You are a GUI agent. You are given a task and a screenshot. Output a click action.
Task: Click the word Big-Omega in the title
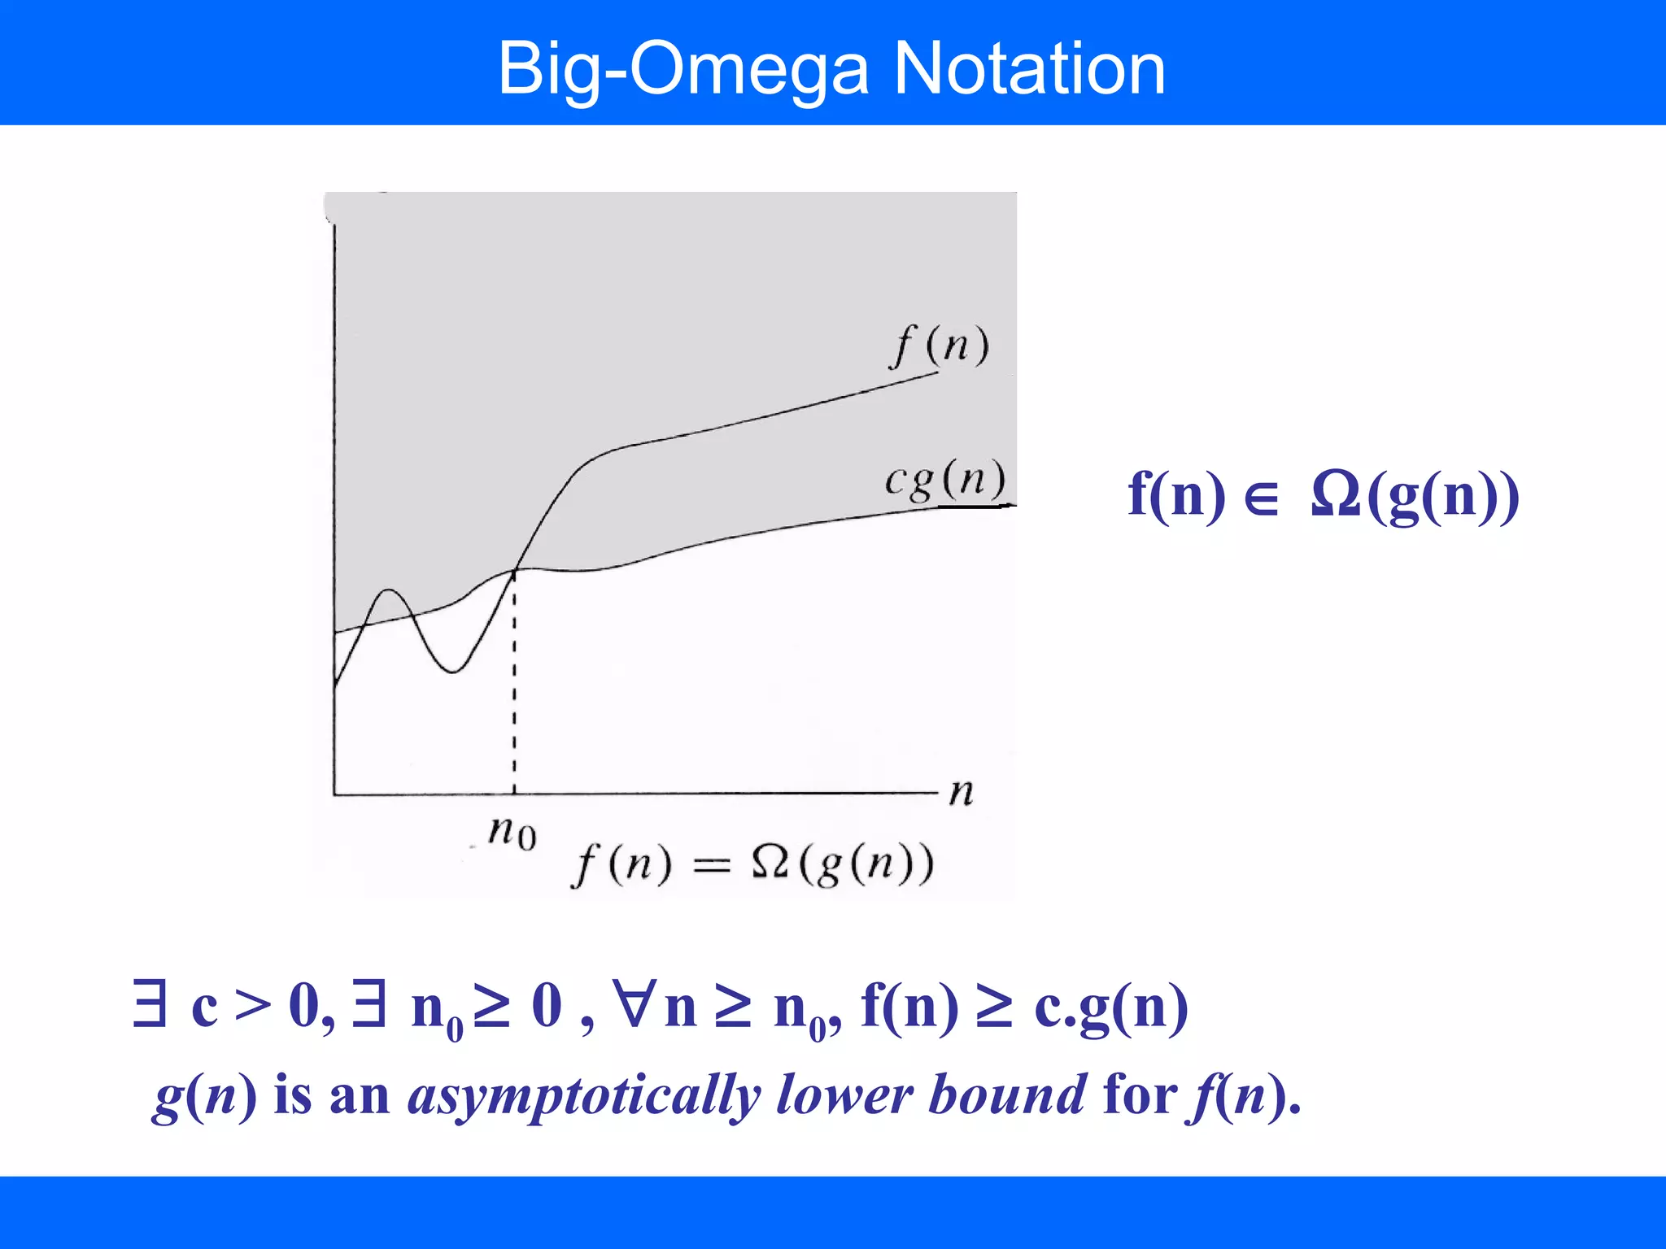pos(683,70)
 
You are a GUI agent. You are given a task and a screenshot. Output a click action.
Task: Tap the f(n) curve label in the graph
pos(940,345)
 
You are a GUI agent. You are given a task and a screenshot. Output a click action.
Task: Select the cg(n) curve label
pos(944,480)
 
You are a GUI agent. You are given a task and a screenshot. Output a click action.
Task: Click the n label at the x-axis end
pos(961,791)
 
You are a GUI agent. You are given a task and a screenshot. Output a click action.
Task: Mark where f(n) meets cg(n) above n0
pos(515,570)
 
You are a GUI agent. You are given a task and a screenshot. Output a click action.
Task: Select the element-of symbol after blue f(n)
pos(1262,498)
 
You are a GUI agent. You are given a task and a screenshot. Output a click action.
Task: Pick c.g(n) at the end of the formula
pos(1110,1008)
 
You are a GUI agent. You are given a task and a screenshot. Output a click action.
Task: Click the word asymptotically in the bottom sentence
pos(583,1095)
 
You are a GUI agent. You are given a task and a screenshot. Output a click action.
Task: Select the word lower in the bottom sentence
pos(844,1095)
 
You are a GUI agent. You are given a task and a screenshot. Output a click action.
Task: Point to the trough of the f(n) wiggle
pos(453,671)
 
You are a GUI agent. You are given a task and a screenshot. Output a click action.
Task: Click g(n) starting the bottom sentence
pos(204,1095)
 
